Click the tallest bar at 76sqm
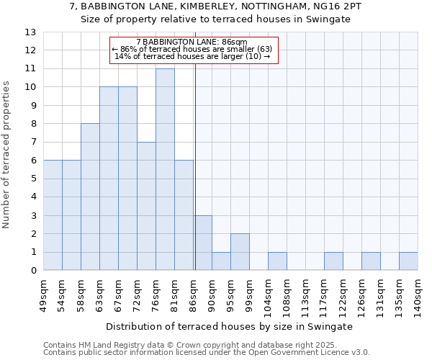[165, 169]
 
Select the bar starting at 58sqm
[90, 197]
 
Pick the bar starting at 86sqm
[202, 243]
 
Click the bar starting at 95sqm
[240, 252]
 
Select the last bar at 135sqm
[408, 261]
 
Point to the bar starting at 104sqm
[277, 261]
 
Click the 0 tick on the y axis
[33, 271]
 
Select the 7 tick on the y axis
[33, 143]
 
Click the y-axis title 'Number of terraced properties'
[7, 155]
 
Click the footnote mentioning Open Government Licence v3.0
[207, 353]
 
